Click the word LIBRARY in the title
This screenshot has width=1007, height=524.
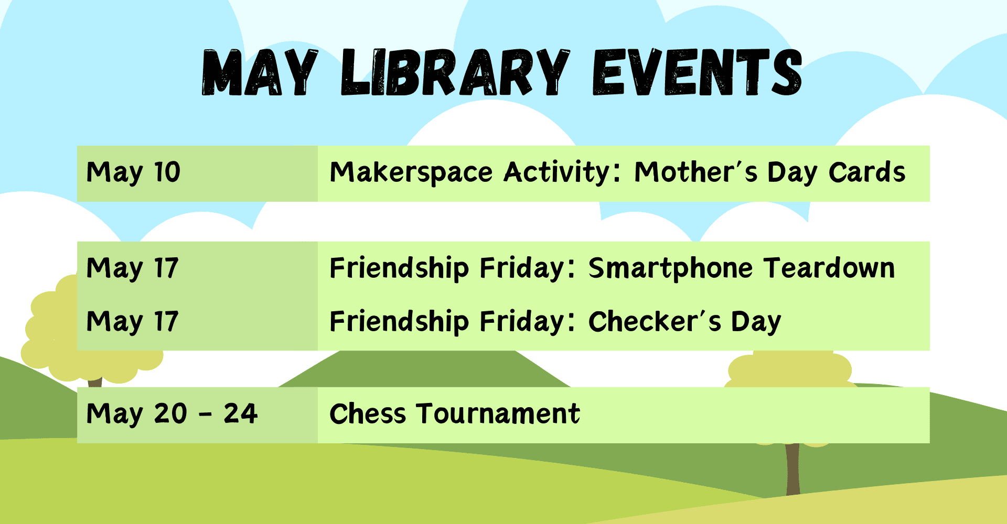point(455,72)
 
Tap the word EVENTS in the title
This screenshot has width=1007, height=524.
point(697,72)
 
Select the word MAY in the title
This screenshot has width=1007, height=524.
point(260,72)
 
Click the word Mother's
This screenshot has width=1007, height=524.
point(695,172)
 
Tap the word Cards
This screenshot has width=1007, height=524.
point(867,172)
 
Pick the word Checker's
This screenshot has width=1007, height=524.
point(655,321)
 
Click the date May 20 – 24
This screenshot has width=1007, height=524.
point(172,414)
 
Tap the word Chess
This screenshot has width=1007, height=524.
point(368,413)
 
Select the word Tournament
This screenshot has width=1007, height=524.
point(498,413)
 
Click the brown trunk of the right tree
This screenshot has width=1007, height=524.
point(792,469)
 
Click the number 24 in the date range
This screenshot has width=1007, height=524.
point(241,413)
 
